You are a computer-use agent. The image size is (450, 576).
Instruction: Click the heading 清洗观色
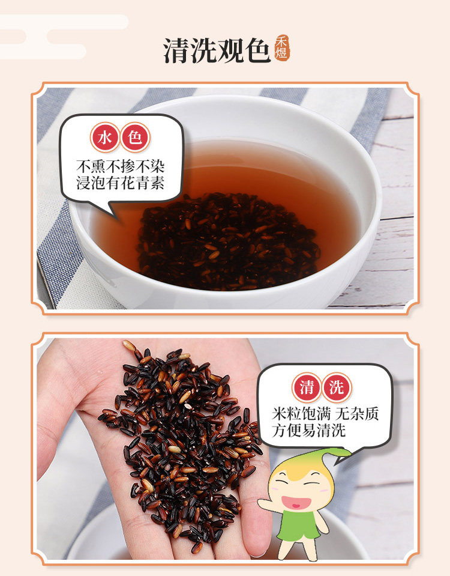(217, 50)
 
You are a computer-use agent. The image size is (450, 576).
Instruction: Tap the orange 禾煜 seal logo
(281, 48)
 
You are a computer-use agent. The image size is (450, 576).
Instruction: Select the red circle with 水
(105, 138)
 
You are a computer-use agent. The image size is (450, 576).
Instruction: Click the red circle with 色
(135, 138)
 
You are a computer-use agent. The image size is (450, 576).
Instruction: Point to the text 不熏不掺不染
(121, 166)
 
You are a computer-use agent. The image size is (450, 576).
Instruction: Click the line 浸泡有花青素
(121, 183)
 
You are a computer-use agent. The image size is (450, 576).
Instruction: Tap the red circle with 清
(307, 387)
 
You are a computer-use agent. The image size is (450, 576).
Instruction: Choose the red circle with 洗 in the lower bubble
(337, 387)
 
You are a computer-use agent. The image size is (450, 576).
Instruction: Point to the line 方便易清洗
(308, 430)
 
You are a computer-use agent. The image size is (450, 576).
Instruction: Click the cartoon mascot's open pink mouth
(296, 502)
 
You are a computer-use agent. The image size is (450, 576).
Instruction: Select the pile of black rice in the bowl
(227, 241)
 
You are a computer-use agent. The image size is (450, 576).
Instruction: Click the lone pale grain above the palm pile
(129, 345)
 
